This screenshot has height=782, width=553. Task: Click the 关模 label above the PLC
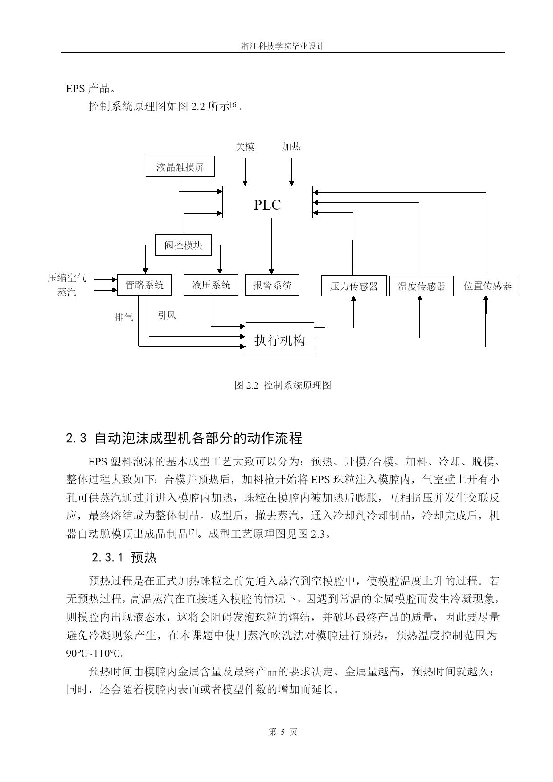pyautogui.click(x=245, y=147)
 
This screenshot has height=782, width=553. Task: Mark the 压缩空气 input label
pyautogui.click(x=67, y=278)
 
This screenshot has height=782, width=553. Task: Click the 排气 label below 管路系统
pyautogui.click(x=124, y=317)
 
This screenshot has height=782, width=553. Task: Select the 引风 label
pyautogui.click(x=167, y=315)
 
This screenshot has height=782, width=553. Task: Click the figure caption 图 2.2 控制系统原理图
pyautogui.click(x=283, y=385)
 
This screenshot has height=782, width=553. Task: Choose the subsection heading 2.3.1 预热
pyautogui.click(x=124, y=557)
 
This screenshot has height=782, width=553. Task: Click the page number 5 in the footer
pyautogui.click(x=283, y=732)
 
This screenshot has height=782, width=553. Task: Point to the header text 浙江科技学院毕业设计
pyautogui.click(x=283, y=46)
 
